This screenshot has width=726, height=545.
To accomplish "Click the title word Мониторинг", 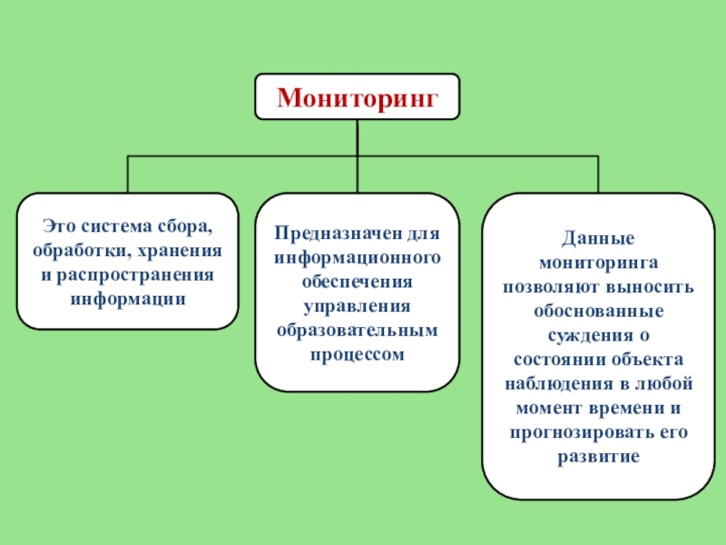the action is [357, 96].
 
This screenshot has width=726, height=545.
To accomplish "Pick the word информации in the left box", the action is [128, 297].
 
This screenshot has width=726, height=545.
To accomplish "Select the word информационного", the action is [358, 257].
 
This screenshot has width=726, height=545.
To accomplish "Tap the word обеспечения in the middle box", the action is [358, 281].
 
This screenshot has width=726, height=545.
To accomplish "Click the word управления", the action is [358, 304].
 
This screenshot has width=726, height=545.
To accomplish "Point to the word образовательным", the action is [358, 329].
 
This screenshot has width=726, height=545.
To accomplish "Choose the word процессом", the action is [358, 352].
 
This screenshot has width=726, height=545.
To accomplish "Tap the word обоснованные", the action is [597, 310].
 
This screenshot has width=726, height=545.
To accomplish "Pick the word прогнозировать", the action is [575, 429].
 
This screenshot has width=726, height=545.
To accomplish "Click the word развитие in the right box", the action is [597, 452].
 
